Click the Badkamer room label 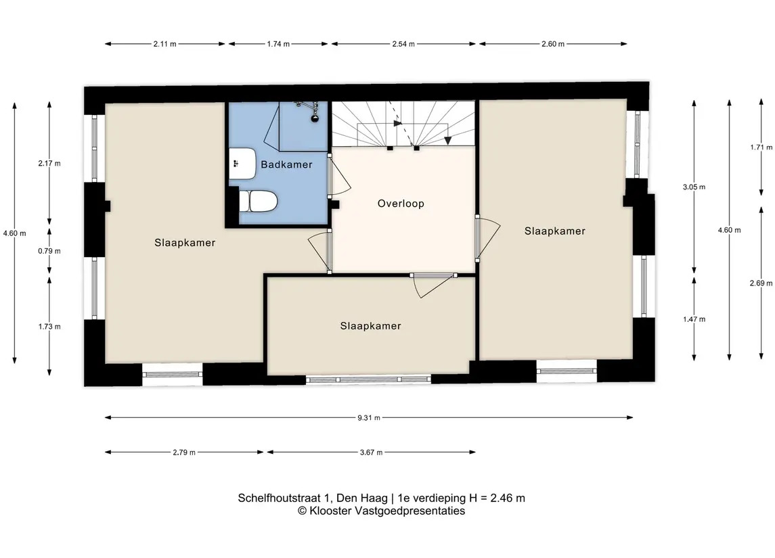[x=287, y=164]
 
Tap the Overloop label [x=401, y=204]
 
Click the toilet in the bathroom [x=257, y=201]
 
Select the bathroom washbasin [x=242, y=164]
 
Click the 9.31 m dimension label [x=369, y=418]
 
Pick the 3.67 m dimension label [x=371, y=452]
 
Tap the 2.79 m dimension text [x=184, y=452]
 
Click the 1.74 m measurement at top [x=278, y=44]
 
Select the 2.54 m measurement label [x=403, y=44]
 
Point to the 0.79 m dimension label [x=49, y=251]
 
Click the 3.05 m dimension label [x=694, y=187]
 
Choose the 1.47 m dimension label [x=694, y=319]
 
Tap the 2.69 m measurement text [x=761, y=283]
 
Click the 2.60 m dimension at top [x=552, y=44]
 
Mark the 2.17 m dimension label [x=49, y=164]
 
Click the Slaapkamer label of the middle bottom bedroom [x=371, y=326]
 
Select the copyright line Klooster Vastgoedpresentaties [x=381, y=511]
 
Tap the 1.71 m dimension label [x=761, y=147]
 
